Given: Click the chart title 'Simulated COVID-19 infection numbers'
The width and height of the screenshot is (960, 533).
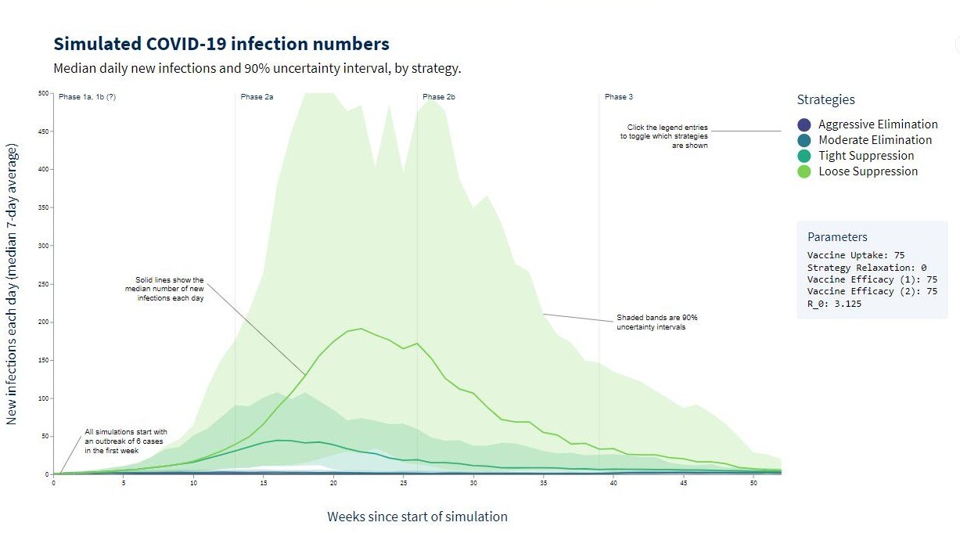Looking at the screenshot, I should click(x=221, y=44).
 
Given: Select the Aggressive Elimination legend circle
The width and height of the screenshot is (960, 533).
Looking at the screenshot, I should click(x=804, y=124).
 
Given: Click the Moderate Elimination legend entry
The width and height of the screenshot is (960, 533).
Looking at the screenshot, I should click(x=875, y=140).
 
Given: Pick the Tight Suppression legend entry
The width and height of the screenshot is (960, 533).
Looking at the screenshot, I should click(x=866, y=156).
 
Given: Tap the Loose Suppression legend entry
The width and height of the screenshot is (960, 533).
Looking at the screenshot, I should click(x=868, y=171).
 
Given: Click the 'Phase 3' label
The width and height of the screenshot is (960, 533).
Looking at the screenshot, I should click(x=618, y=97).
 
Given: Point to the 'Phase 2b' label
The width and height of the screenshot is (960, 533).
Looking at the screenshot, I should click(x=439, y=97).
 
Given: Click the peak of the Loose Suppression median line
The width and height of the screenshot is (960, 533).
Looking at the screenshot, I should click(x=361, y=329).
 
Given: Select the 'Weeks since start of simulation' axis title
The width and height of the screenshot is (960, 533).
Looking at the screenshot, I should click(x=417, y=517).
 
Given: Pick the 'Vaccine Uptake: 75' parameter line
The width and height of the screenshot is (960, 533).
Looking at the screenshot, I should click(x=856, y=256).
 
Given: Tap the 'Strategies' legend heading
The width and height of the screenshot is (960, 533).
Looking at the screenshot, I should click(x=825, y=100).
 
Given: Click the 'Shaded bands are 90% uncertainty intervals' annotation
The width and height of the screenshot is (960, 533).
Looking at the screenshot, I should click(x=656, y=322).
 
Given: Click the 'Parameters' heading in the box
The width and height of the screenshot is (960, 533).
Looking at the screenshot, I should click(x=837, y=237).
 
